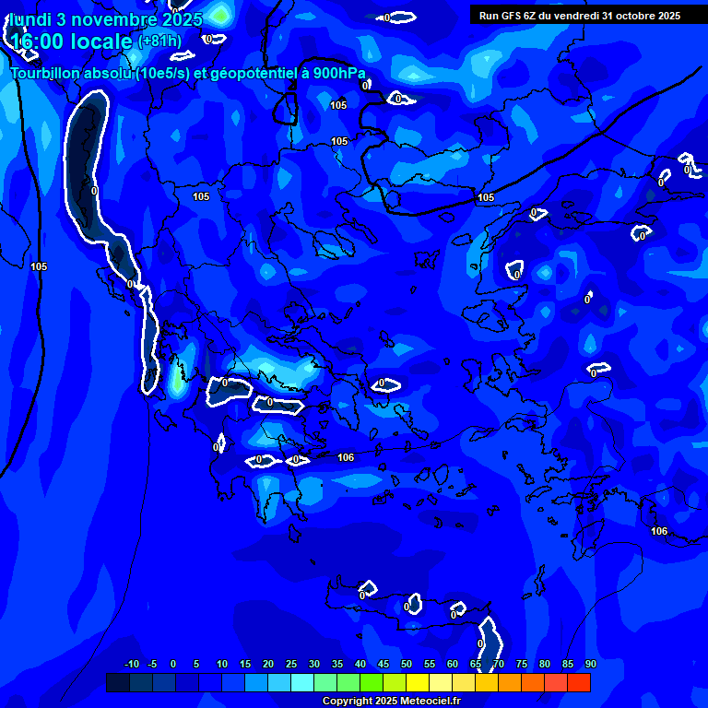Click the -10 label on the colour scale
pyautogui.click(x=132, y=664)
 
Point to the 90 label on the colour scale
pyautogui.click(x=590, y=664)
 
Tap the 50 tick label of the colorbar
pyautogui.click(x=407, y=664)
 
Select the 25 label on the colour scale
pyautogui.click(x=291, y=664)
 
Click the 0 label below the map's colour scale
pyautogui.click(x=173, y=664)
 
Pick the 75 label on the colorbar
pyautogui.click(x=522, y=664)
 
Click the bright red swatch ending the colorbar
pyautogui.click(x=579, y=682)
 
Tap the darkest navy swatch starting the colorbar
pyautogui.click(x=117, y=682)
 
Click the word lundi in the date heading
pyautogui.click(x=29, y=18)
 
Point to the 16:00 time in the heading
pyautogui.click(x=37, y=41)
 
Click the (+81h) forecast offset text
pyautogui.click(x=159, y=41)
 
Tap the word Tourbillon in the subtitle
pyautogui.click(x=47, y=74)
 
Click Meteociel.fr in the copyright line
pyautogui.click(x=429, y=701)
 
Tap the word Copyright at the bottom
pyautogui.click(x=347, y=701)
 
